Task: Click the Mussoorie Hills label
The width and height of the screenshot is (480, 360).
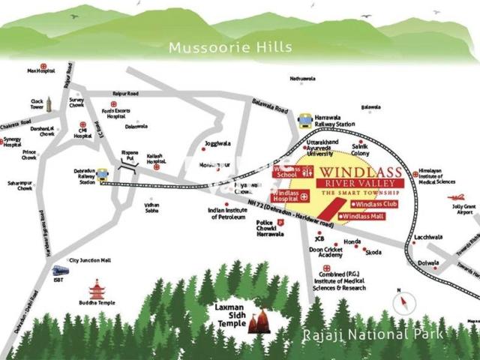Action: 229,47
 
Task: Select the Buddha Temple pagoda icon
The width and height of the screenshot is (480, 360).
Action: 97,289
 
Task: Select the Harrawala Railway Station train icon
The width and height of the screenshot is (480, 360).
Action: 304,120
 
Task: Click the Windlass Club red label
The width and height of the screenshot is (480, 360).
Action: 376,203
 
